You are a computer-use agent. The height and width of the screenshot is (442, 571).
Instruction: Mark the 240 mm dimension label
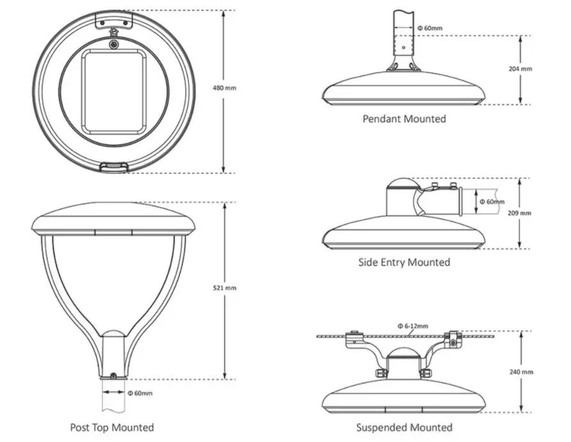(522, 372)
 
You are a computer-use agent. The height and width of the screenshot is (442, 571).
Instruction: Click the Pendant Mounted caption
(404, 119)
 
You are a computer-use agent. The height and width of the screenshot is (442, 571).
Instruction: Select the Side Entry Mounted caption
(404, 262)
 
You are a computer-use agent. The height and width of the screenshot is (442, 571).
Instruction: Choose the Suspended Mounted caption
(404, 427)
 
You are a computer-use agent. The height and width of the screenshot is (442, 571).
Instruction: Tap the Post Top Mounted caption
(112, 427)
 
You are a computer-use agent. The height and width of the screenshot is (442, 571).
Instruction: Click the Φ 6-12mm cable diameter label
(412, 326)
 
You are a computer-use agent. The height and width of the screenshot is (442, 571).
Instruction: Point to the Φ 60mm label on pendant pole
(430, 28)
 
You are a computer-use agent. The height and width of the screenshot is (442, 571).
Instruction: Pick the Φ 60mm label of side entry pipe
(492, 202)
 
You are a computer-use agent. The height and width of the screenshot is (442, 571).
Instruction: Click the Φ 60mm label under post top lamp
(140, 393)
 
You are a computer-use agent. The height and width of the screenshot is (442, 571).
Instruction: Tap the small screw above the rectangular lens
(113, 44)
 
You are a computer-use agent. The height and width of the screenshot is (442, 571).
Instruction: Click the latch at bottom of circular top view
(113, 167)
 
